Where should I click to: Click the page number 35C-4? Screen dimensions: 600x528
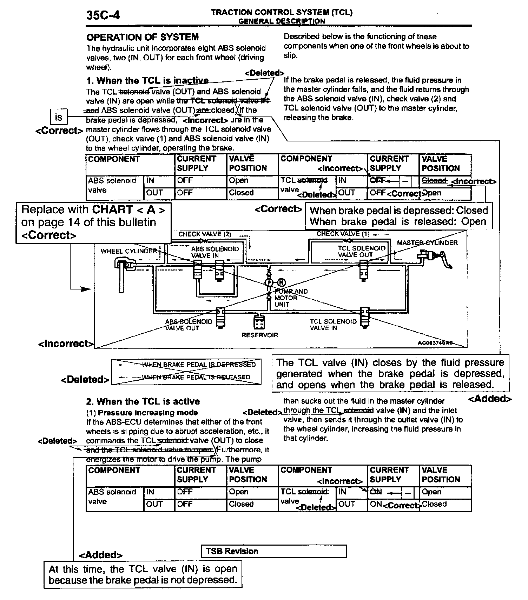[x=103, y=15]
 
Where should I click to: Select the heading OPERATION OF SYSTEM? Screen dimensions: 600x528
[x=143, y=37]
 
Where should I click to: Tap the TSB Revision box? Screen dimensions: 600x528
[x=274, y=551]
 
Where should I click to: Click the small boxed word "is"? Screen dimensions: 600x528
[x=59, y=117]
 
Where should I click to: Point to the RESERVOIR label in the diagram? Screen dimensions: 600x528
[x=259, y=335]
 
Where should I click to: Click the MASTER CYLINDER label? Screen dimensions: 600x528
[x=427, y=243]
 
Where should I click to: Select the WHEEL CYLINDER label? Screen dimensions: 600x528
[x=128, y=251]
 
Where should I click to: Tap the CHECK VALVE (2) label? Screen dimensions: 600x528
[x=205, y=234]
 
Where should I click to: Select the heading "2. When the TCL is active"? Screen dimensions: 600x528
[x=143, y=401]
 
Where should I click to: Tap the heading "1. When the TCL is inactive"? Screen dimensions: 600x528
[x=147, y=81]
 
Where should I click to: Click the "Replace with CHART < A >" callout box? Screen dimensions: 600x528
[x=93, y=222]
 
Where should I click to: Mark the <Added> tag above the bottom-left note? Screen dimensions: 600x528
[x=101, y=555]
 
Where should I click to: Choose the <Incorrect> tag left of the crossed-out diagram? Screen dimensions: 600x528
[x=66, y=344]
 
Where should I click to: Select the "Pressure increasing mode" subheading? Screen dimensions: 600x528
[x=148, y=413]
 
